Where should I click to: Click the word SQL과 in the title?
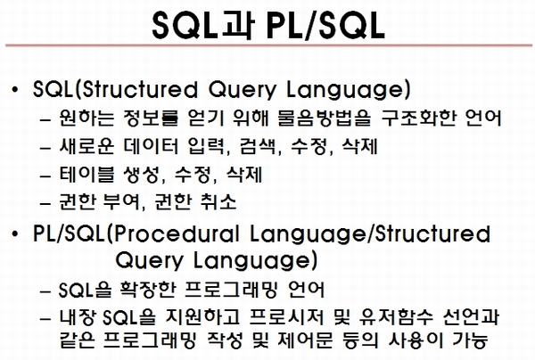[203, 25]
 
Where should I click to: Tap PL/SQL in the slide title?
[325, 25]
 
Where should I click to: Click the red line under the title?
[268, 45]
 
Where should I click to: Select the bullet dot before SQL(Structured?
[14, 90]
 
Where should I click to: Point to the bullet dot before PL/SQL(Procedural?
[14, 234]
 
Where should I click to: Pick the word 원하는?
[87, 118]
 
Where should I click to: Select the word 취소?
[218, 201]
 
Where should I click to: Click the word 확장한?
[148, 290]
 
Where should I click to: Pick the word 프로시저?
[285, 317]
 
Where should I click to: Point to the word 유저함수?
[396, 317]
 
